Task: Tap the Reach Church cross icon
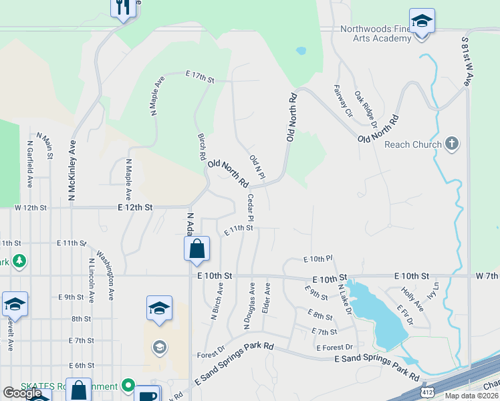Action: (452, 144)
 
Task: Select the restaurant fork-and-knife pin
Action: (122, 8)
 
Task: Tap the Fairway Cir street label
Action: (343, 100)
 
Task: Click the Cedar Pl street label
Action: (251, 208)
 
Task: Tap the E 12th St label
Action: (135, 208)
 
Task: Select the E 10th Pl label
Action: (318, 259)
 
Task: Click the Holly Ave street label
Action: (412, 299)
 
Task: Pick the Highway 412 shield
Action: (425, 392)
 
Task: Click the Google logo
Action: (22, 393)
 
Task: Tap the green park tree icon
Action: (19, 261)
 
